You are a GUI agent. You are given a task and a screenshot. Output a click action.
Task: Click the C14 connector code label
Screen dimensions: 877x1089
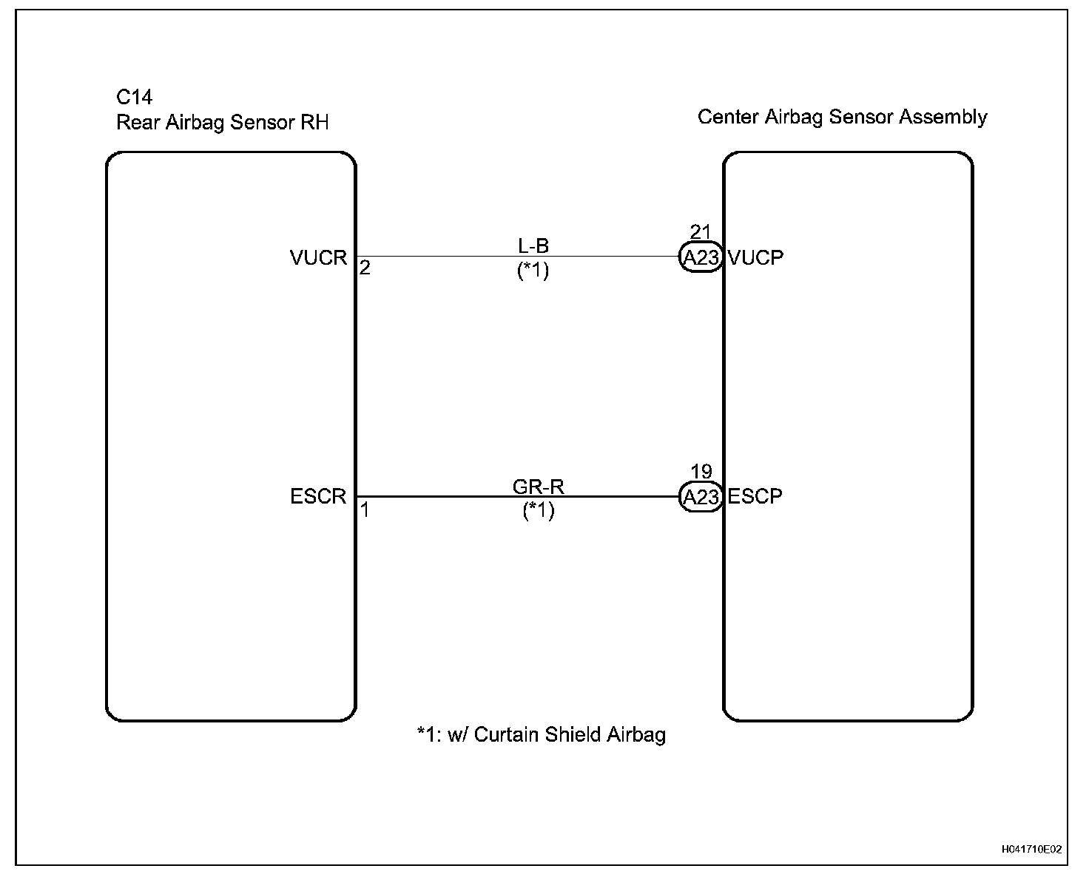pyautogui.click(x=135, y=97)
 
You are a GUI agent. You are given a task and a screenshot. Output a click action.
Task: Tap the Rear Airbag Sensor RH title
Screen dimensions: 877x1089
pyautogui.click(x=222, y=122)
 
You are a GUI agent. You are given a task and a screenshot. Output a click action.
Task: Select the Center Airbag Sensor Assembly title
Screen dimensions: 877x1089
pyautogui.click(x=842, y=117)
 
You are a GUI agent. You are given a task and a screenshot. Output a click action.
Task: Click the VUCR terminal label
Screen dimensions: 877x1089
pyautogui.click(x=318, y=257)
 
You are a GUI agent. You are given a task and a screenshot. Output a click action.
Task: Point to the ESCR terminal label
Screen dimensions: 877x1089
pyautogui.click(x=318, y=496)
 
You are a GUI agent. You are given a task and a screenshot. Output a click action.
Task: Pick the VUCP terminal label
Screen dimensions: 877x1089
pyautogui.click(x=755, y=257)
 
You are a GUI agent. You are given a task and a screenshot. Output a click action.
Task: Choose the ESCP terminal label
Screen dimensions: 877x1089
pyautogui.click(x=755, y=496)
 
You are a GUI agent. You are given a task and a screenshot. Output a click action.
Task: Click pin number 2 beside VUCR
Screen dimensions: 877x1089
pyautogui.click(x=365, y=268)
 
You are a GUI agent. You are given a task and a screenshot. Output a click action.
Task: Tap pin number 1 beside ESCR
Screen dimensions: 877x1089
pyautogui.click(x=365, y=509)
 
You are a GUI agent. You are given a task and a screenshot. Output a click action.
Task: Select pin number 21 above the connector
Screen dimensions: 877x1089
pyautogui.click(x=700, y=232)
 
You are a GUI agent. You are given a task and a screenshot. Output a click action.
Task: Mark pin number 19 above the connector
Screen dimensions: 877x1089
pyautogui.click(x=701, y=472)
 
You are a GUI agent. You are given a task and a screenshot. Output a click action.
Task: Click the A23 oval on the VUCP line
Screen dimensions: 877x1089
pyautogui.click(x=700, y=257)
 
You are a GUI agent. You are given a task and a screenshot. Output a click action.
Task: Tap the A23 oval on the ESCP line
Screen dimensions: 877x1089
pyautogui.click(x=700, y=497)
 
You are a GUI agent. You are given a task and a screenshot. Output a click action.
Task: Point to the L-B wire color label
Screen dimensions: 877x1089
pyautogui.click(x=533, y=245)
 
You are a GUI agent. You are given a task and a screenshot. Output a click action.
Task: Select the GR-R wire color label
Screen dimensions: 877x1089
pyautogui.click(x=538, y=486)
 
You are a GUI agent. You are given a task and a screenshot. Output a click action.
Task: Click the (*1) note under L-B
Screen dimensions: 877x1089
pyautogui.click(x=533, y=271)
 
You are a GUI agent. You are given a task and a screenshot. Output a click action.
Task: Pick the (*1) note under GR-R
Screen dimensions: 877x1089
pyautogui.click(x=538, y=510)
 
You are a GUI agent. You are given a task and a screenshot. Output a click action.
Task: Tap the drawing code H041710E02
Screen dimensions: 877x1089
pyautogui.click(x=1032, y=850)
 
